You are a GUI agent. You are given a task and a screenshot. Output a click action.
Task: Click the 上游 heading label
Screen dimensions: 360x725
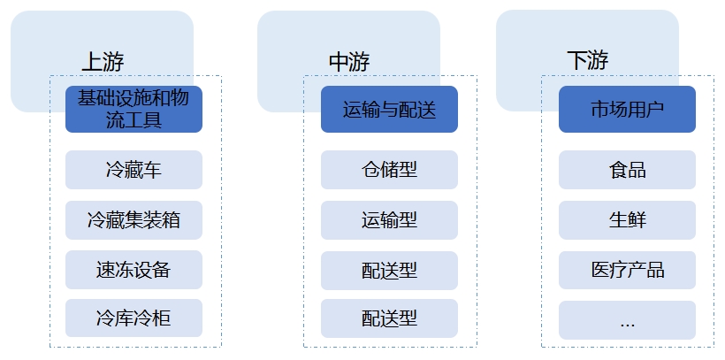pyautogui.click(x=103, y=62)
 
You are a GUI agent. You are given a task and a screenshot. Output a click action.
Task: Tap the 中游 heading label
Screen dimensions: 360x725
pyautogui.click(x=348, y=62)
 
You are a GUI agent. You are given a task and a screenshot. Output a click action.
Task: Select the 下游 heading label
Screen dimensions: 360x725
pyautogui.click(x=587, y=61)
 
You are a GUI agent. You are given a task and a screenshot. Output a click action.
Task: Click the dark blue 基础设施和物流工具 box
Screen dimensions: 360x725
pyautogui.click(x=134, y=109)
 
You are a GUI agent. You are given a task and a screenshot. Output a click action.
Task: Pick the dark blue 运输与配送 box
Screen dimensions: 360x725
pyautogui.click(x=389, y=110)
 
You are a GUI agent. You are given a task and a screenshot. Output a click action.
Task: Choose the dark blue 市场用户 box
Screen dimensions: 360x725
pyautogui.click(x=627, y=110)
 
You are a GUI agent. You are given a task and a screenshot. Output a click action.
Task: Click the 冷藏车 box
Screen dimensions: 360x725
pyautogui.click(x=134, y=170)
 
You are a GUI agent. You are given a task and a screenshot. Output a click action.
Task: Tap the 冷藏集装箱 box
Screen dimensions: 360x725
pyautogui.click(x=134, y=219)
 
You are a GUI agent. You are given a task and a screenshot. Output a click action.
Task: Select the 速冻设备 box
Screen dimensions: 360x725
pyautogui.click(x=134, y=269)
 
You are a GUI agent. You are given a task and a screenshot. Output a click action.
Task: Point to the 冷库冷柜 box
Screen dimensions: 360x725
pyautogui.click(x=134, y=318)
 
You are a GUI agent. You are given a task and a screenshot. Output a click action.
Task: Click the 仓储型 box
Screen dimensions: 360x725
pyautogui.click(x=389, y=170)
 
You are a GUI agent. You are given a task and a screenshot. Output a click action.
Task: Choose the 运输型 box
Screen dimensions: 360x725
pyautogui.click(x=389, y=219)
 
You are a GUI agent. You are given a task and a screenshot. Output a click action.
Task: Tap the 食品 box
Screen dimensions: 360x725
pyautogui.click(x=627, y=170)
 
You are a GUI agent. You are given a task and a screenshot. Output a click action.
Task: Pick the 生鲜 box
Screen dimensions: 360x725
pyautogui.click(x=627, y=219)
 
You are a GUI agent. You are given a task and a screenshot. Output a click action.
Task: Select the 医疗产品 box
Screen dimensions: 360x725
pyautogui.click(x=627, y=269)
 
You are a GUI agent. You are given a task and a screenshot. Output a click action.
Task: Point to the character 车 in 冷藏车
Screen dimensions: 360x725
pyautogui.click(x=152, y=170)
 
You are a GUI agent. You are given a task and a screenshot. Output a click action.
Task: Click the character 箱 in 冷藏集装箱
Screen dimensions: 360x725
pyautogui.click(x=171, y=219)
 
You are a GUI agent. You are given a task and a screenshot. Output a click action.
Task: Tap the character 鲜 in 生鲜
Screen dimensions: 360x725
pyautogui.click(x=637, y=219)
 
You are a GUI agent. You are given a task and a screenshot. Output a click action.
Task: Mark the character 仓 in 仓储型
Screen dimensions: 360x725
pyautogui.click(x=370, y=170)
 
